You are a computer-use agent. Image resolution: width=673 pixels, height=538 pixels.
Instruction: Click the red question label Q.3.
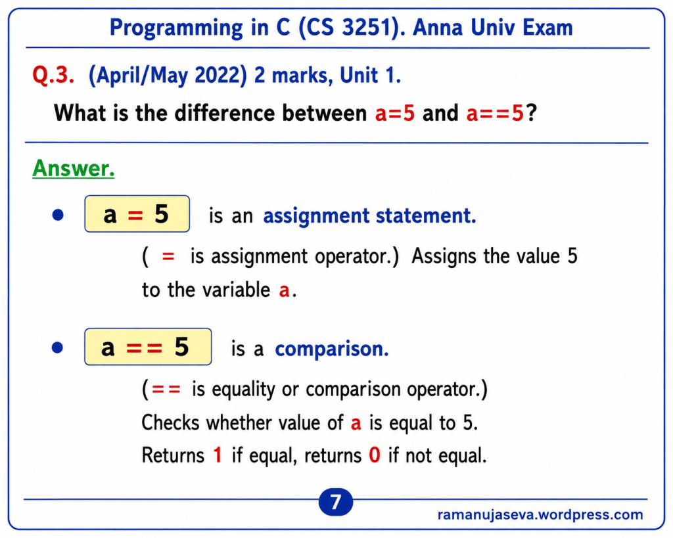53,75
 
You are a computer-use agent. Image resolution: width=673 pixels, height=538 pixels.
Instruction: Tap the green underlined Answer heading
74,168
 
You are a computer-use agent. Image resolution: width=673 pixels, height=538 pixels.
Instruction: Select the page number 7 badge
336,501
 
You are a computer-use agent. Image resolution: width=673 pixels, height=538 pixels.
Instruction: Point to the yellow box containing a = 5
137,213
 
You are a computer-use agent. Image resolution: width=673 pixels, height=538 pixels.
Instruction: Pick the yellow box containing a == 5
148,347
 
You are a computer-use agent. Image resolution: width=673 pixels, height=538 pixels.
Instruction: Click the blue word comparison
332,349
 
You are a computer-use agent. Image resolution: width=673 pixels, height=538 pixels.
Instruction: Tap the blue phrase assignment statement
369,215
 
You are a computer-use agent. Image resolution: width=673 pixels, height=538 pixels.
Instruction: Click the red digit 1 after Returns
218,455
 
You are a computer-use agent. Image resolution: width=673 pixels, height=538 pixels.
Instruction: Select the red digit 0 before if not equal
375,455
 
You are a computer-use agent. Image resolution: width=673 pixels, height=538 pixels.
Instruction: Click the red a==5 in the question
496,113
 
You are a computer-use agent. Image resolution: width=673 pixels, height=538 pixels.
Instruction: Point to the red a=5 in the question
395,113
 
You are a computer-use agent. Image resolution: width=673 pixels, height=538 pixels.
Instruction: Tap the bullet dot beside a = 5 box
58,215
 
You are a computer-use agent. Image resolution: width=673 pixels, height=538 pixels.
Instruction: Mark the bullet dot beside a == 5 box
58,347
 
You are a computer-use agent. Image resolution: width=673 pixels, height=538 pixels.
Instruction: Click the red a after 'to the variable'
284,290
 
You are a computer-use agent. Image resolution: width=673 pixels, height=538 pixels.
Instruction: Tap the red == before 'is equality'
166,390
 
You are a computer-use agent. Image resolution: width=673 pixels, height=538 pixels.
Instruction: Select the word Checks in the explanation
170,422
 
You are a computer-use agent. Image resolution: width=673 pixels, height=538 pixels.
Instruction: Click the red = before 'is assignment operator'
168,257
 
